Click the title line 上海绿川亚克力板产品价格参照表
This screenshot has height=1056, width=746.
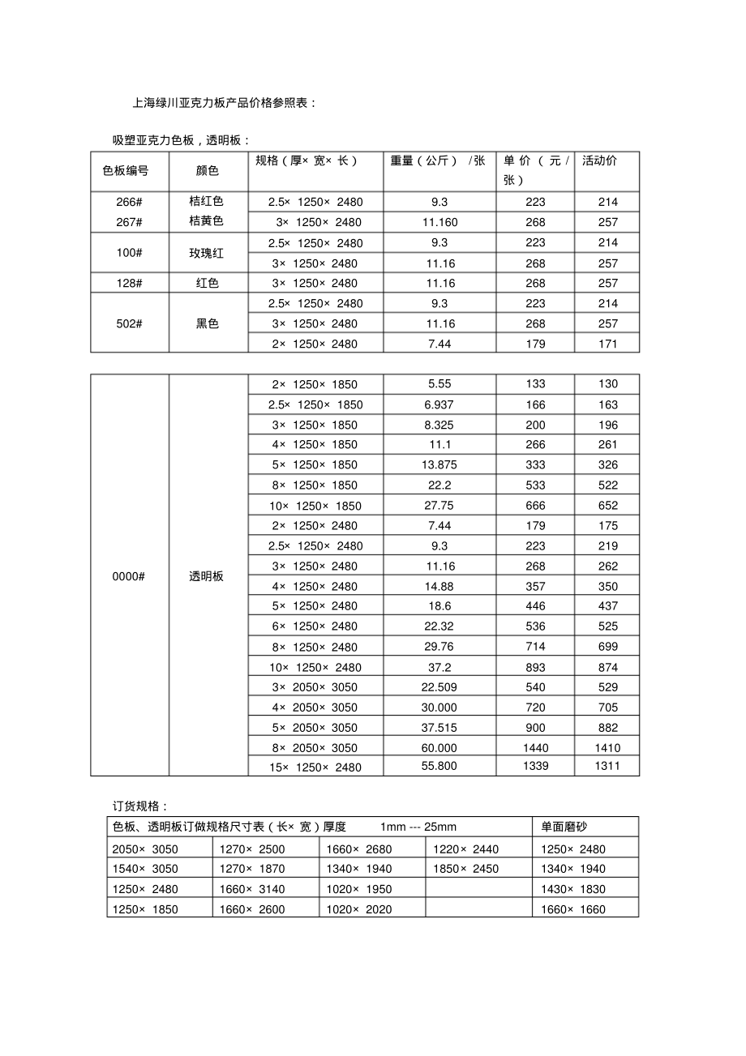coord(224,104)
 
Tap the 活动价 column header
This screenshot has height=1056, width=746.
coord(599,160)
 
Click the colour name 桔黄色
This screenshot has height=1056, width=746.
coord(206,221)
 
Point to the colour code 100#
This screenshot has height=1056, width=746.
coord(130,253)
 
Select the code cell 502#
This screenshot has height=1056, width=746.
coord(130,323)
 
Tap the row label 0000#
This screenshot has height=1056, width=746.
coord(130,576)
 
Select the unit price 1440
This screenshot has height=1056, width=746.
coord(535,748)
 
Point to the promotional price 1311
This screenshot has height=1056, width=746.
coord(607,766)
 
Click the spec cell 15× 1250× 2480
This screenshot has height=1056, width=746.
coord(316,767)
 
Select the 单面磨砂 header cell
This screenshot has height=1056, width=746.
coord(564,827)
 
